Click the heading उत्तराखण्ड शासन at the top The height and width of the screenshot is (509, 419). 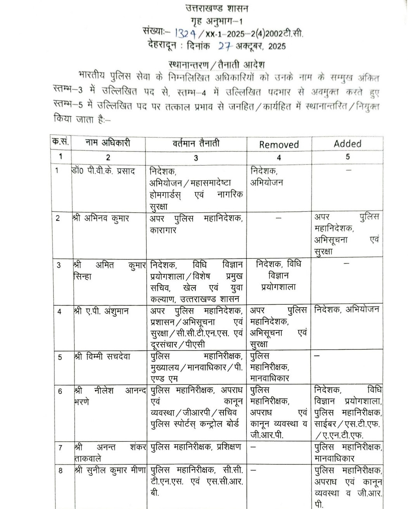pyautogui.click(x=216, y=9)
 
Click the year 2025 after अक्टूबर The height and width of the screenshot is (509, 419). pyautogui.click(x=277, y=47)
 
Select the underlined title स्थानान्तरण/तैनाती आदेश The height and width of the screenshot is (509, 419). pyautogui.click(x=217, y=64)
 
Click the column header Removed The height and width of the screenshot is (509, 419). pyautogui.click(x=279, y=145)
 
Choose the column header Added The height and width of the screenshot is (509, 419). pyautogui.click(x=347, y=144)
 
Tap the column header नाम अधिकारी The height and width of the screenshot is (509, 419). pyautogui.click(x=108, y=143)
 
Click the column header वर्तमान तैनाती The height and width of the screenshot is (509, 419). pyautogui.click(x=196, y=143)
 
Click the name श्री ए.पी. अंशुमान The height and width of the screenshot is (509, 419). pyautogui.click(x=101, y=311)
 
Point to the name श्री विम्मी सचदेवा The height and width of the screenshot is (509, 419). pyautogui.click(x=104, y=357)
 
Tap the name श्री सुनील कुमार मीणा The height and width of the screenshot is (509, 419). pyautogui.click(x=109, y=470)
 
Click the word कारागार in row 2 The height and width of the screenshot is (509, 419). pyautogui.click(x=163, y=230)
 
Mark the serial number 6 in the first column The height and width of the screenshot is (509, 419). pyautogui.click(x=60, y=391)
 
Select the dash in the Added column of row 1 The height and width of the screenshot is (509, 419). pyautogui.click(x=348, y=170)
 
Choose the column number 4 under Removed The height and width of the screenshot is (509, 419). pyautogui.click(x=279, y=158)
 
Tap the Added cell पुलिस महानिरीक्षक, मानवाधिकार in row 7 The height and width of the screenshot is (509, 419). pyautogui.click(x=348, y=452)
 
